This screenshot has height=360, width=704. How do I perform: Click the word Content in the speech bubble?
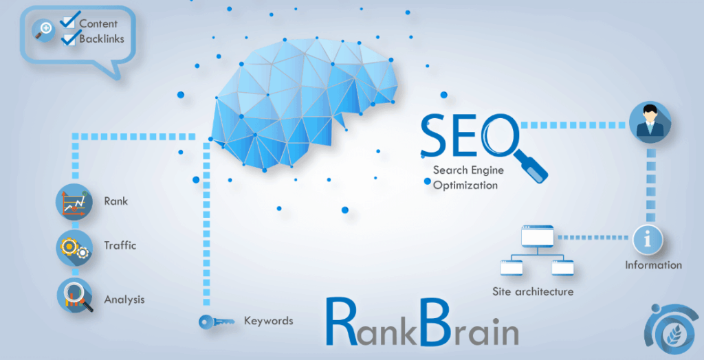click(98, 23)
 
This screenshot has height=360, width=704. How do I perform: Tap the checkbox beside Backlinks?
click(69, 38)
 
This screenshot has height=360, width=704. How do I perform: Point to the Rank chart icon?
click(74, 202)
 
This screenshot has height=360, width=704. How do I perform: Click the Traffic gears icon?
click(74, 247)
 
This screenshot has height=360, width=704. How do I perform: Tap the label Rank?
click(115, 201)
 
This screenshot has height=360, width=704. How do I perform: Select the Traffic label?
click(120, 245)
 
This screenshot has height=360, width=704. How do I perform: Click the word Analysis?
click(124, 300)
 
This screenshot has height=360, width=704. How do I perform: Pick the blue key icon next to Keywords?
click(212, 321)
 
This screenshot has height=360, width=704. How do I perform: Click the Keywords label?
click(268, 321)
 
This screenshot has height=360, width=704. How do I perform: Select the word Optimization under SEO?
click(465, 185)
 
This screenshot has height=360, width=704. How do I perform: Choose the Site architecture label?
click(533, 291)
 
